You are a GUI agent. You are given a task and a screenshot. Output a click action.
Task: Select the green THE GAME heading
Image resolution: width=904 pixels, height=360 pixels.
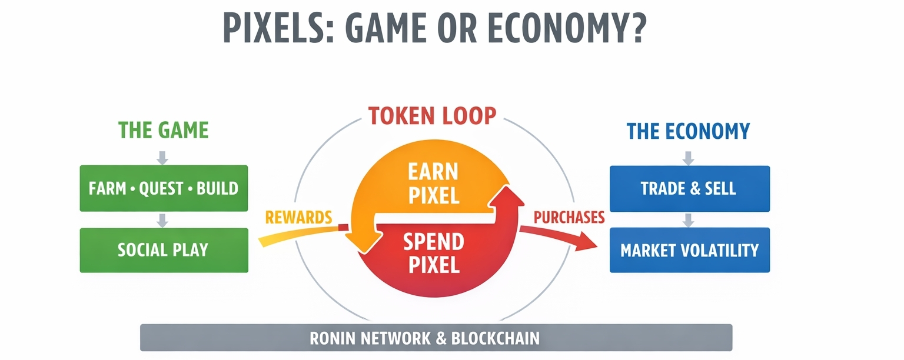164,130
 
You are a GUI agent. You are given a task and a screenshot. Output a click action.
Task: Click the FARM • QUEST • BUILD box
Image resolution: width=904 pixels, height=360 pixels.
164,188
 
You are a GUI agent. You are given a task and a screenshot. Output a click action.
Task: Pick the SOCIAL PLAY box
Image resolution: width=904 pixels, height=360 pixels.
164,249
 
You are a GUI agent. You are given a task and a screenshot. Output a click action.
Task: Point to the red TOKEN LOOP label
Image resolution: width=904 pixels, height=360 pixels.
432,116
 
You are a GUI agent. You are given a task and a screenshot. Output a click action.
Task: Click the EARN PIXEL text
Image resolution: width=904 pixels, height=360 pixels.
433,184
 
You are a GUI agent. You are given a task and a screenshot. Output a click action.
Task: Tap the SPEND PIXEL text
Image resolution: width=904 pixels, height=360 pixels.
433,253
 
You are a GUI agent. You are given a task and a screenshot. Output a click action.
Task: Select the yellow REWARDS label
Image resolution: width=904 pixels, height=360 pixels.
298,218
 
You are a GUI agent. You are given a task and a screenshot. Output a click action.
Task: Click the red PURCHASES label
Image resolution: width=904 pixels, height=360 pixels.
569,218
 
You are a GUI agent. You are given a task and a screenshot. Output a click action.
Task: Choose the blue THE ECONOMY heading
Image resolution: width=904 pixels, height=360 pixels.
688,131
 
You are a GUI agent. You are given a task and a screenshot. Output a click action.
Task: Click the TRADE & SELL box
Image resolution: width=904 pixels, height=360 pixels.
689,188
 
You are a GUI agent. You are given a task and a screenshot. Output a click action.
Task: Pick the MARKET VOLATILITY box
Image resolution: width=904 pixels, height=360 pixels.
689,250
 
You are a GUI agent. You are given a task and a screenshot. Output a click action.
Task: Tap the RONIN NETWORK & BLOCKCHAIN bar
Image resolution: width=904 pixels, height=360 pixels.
436,338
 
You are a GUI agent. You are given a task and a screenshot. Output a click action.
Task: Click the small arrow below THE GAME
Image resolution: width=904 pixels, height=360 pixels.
164,157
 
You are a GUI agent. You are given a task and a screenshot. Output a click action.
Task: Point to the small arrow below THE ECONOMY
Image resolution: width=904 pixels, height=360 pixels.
689,158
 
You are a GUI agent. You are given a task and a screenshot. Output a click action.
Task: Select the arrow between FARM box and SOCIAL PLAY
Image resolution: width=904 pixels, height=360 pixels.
164,220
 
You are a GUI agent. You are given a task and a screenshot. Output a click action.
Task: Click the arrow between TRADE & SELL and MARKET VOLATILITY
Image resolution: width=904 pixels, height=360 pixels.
689,220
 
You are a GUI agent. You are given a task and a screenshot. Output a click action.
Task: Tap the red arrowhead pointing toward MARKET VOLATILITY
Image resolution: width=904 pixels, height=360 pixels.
591,242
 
